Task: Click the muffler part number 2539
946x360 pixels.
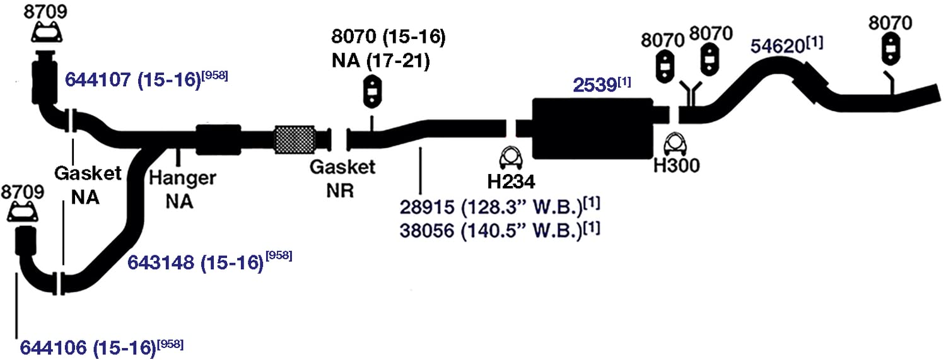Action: [595, 85]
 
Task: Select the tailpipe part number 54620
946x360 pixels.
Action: [777, 46]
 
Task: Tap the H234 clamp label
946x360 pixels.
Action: [511, 182]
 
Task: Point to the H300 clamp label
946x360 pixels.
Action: [677, 165]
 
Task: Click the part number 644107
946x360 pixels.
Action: [98, 79]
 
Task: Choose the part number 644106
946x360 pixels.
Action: [53, 348]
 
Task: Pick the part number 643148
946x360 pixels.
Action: [160, 262]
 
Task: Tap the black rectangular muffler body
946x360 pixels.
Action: [593, 128]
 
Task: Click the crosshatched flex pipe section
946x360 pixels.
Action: [295, 139]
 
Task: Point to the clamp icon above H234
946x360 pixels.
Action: [511, 158]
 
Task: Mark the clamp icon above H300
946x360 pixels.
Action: [675, 144]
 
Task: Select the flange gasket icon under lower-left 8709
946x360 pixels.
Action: [23, 212]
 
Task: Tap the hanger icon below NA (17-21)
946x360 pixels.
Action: [371, 92]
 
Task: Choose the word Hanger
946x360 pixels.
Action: [182, 178]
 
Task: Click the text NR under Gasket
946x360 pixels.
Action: [340, 191]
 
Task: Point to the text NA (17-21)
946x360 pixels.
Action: [380, 61]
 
